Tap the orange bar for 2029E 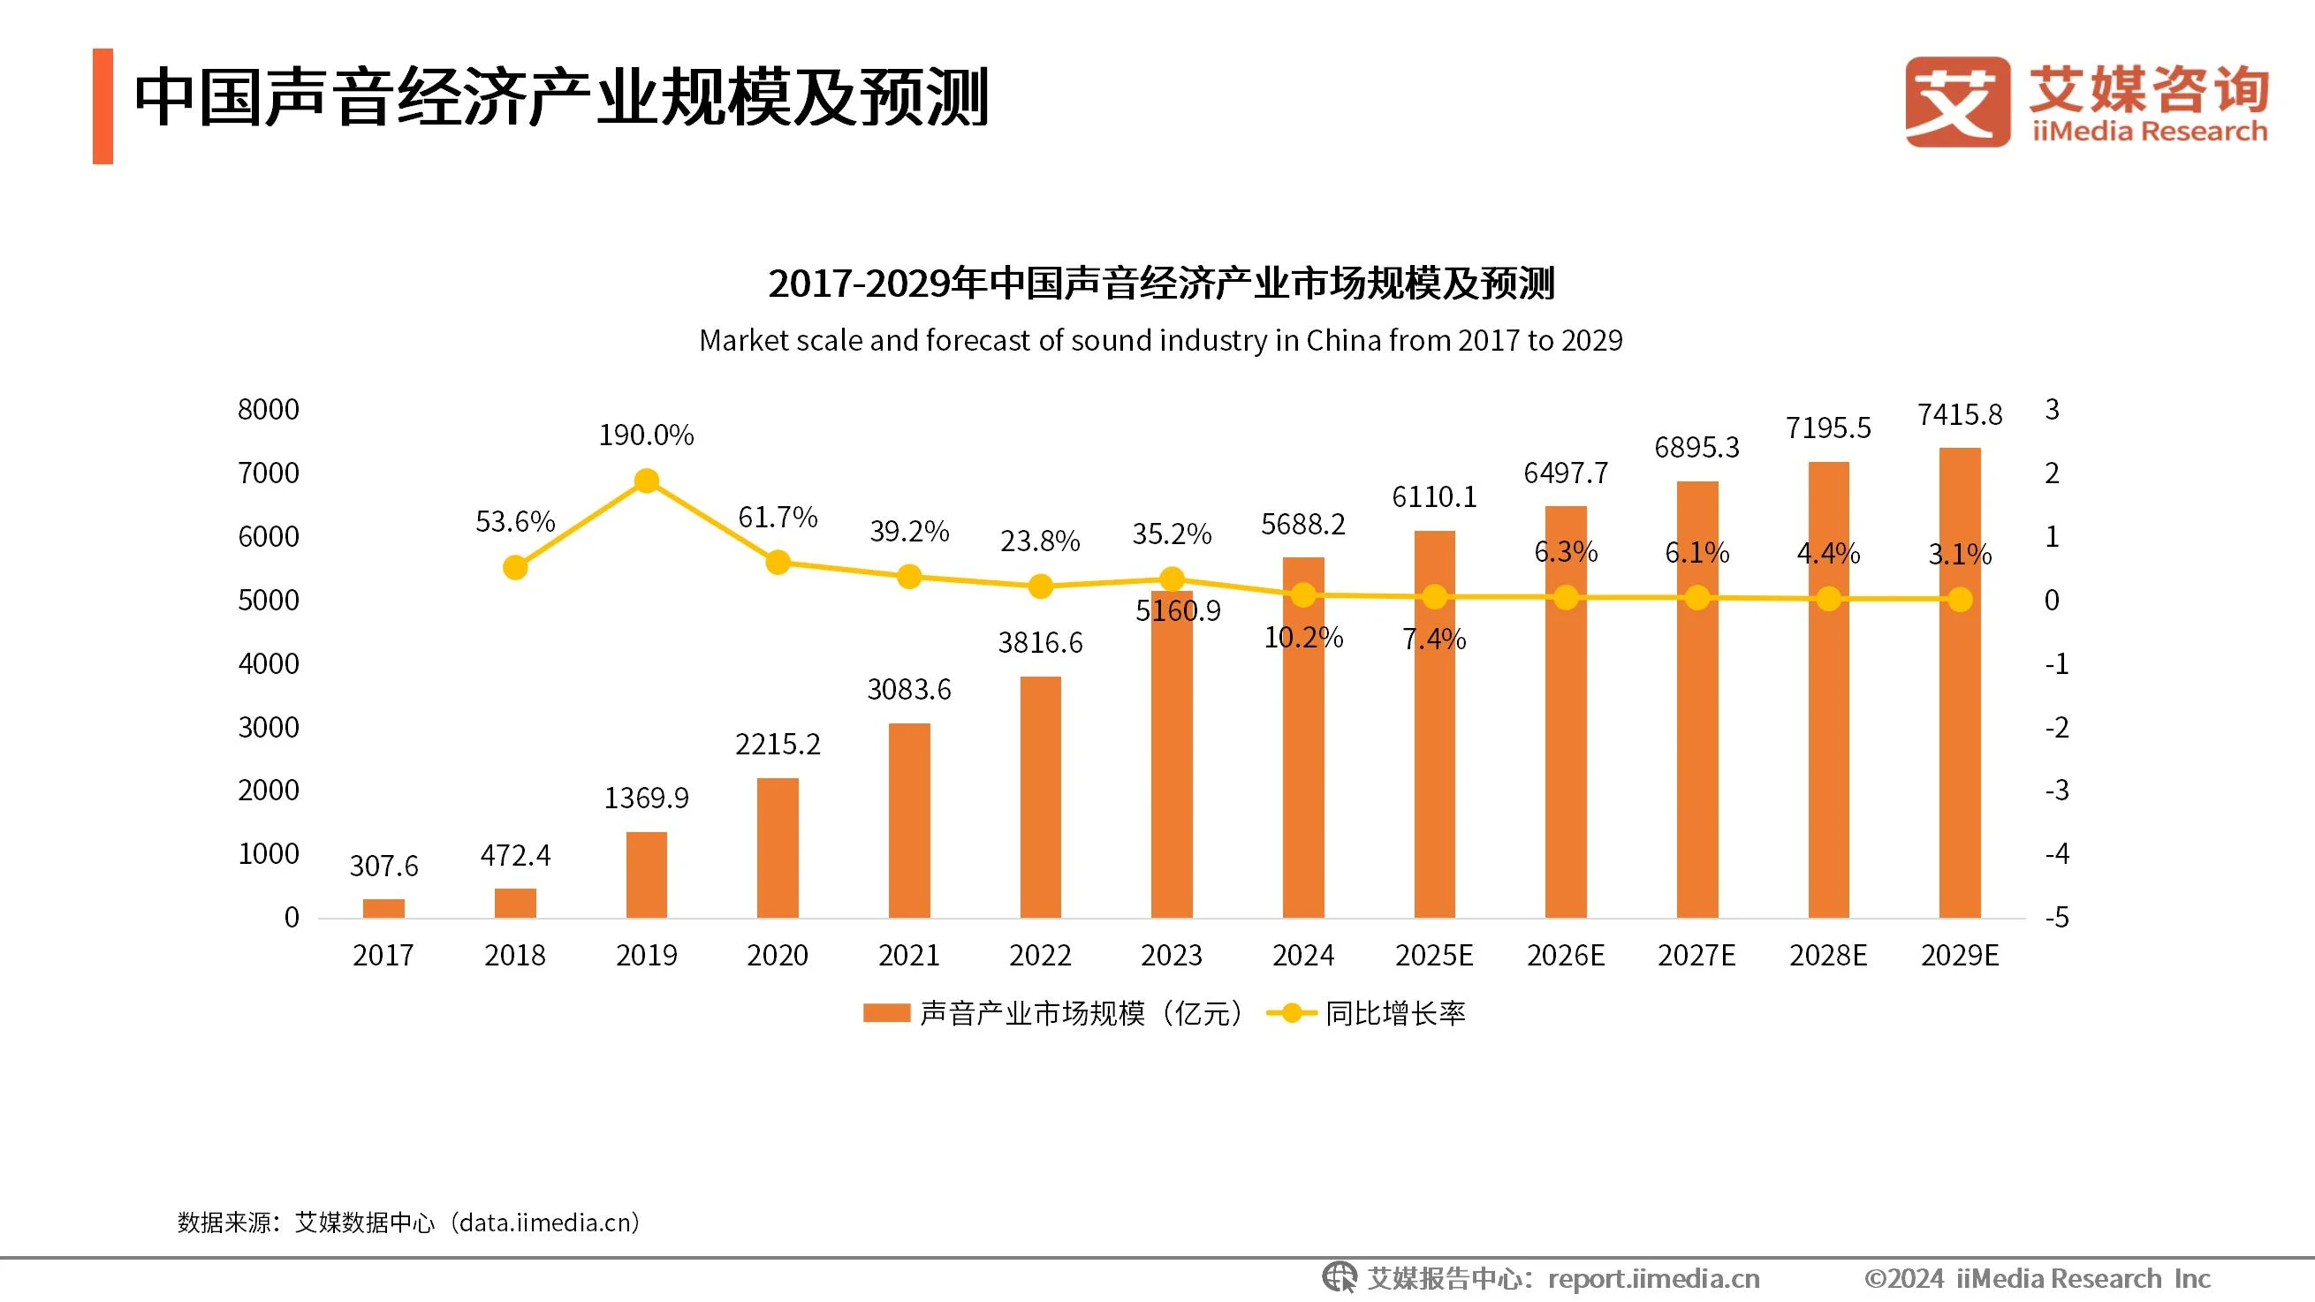click(1959, 683)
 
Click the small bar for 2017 click(383, 907)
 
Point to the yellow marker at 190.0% click(646, 481)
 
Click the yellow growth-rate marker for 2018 click(515, 567)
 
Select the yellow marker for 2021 click(908, 576)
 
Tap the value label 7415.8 click(1959, 415)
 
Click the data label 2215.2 click(778, 744)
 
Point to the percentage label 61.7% click(778, 518)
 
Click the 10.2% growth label click(1303, 638)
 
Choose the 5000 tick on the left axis click(268, 601)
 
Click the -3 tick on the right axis click(2056, 791)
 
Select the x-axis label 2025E click(1433, 955)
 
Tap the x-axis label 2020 click(778, 955)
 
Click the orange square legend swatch click(886, 1013)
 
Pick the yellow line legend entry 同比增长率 click(1366, 1013)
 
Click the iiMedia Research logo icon click(1957, 102)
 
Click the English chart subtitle click(1160, 341)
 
